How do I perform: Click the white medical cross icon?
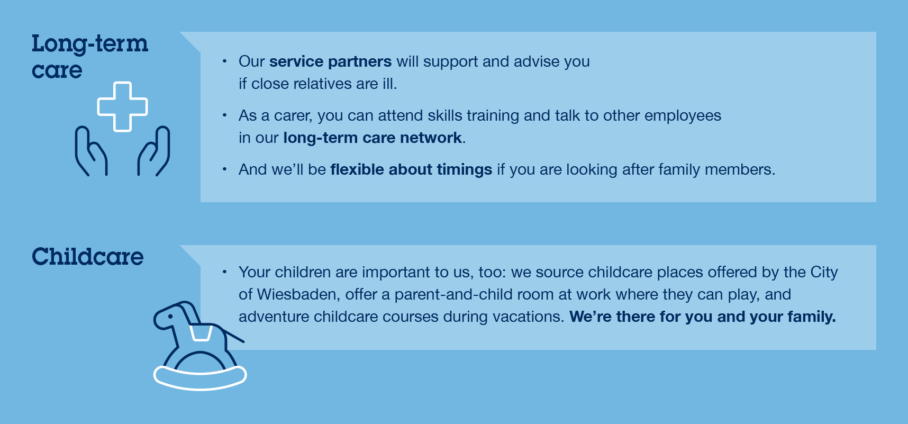click(122, 106)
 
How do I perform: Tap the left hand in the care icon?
click(90, 151)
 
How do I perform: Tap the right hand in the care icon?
click(154, 151)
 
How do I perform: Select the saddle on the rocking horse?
click(201, 333)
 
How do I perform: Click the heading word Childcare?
click(88, 257)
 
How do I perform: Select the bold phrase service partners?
click(331, 61)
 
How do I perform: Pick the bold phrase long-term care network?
click(373, 138)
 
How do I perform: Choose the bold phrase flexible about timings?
click(411, 169)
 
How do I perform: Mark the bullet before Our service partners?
click(224, 61)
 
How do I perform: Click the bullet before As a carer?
click(224, 115)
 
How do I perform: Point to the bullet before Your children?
click(224, 272)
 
